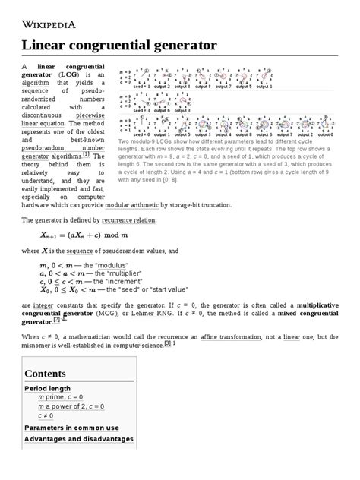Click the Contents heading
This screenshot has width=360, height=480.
pyautogui.click(x=51, y=374)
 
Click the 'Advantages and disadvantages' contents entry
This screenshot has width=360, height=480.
pyautogui.click(x=79, y=438)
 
